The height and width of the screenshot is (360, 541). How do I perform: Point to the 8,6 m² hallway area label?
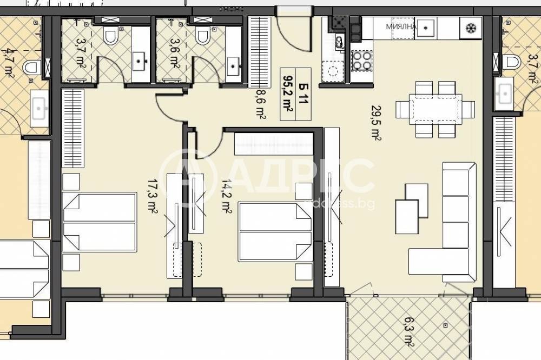[x=260, y=103]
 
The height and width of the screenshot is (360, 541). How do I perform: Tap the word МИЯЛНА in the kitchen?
[x=400, y=25]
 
